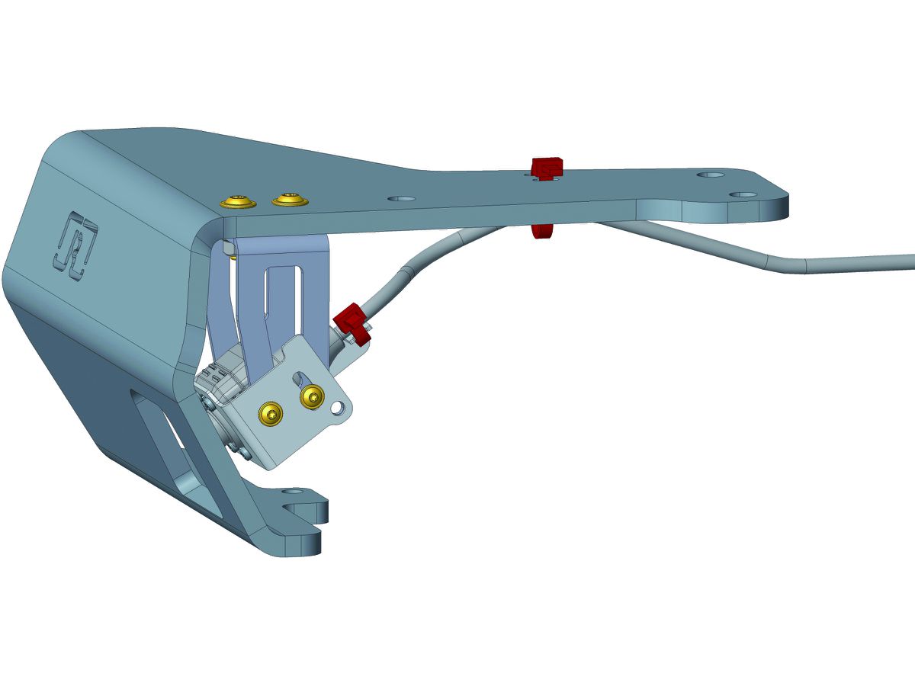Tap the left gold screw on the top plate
pos(239,202)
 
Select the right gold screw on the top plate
pos(290,200)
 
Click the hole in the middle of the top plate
pos(401,198)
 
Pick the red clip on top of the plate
pos(547,167)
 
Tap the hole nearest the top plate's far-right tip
pos(743,194)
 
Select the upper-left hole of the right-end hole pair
pos(712,175)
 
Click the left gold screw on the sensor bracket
pos(271,413)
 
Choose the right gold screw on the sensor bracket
pos(312,396)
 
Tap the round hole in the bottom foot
pos(293,492)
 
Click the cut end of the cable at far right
pos(912,262)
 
